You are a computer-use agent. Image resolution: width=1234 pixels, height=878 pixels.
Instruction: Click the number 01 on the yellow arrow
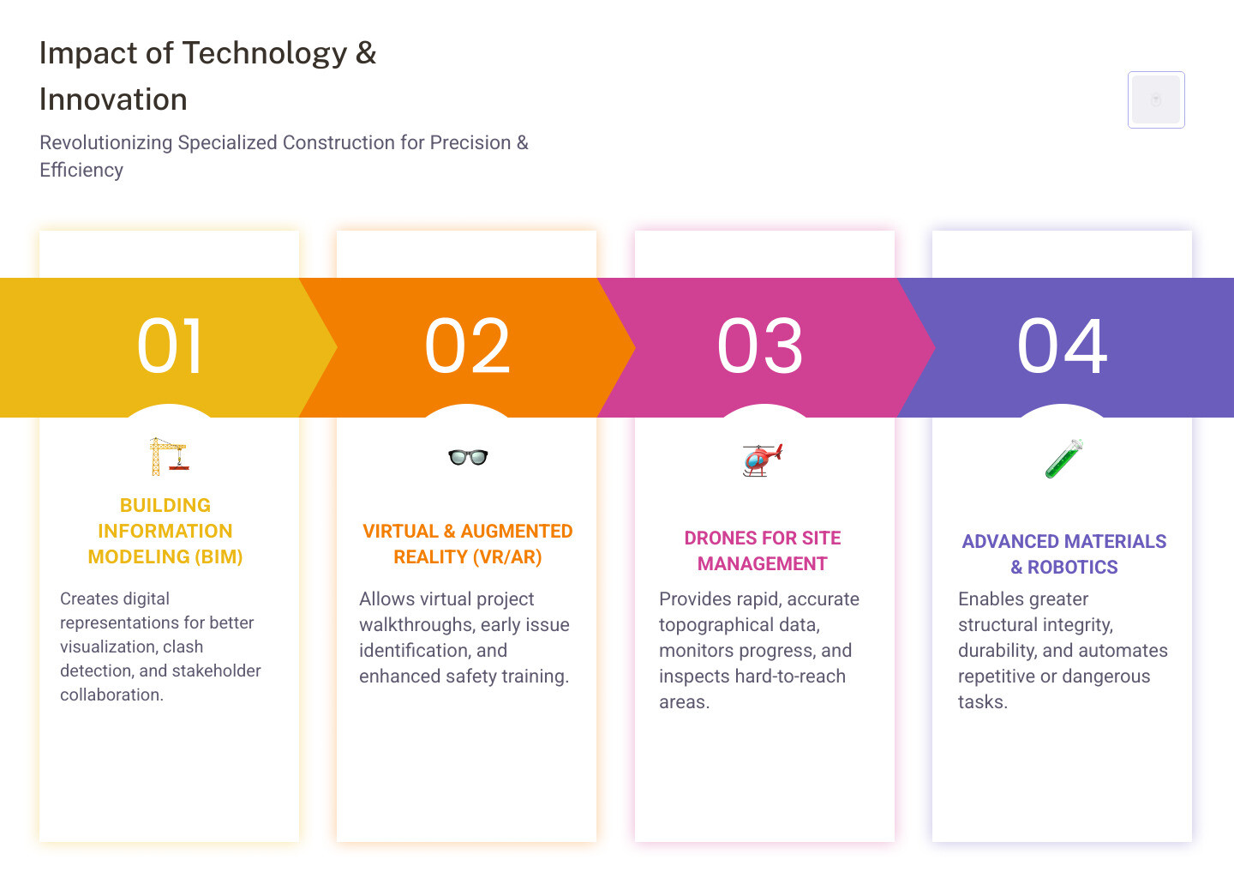tap(171, 346)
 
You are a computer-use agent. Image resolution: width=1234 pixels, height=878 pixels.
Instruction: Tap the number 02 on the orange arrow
tap(468, 346)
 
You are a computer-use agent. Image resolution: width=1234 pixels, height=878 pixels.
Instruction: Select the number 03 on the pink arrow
tap(760, 346)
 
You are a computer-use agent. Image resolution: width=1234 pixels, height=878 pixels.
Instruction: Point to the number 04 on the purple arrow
tap(1063, 346)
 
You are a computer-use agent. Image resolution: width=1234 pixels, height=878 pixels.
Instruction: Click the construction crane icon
tap(168, 456)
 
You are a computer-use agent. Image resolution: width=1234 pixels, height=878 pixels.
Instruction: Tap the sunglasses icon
tap(468, 457)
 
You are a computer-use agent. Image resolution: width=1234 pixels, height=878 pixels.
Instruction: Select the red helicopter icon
tap(763, 460)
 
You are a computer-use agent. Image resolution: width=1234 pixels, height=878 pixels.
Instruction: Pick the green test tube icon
tap(1064, 459)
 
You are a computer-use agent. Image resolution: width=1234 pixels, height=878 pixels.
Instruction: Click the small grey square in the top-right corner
tap(1156, 99)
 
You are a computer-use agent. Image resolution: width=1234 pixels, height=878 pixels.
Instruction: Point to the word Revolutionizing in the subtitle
tap(105, 142)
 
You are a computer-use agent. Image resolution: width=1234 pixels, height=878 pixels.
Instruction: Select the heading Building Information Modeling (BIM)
tap(165, 531)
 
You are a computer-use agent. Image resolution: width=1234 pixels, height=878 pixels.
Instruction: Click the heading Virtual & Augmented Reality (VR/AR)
tap(467, 544)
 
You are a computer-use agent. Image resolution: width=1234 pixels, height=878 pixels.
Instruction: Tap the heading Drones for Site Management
tap(763, 550)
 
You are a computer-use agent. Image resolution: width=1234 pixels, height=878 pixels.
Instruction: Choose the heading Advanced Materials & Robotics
tap(1064, 554)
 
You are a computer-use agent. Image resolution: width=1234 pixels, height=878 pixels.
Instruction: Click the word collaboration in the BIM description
tap(111, 695)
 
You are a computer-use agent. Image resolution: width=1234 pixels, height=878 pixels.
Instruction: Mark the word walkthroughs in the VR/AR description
tap(415, 624)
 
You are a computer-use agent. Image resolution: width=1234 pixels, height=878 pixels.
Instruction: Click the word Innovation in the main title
tap(113, 99)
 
